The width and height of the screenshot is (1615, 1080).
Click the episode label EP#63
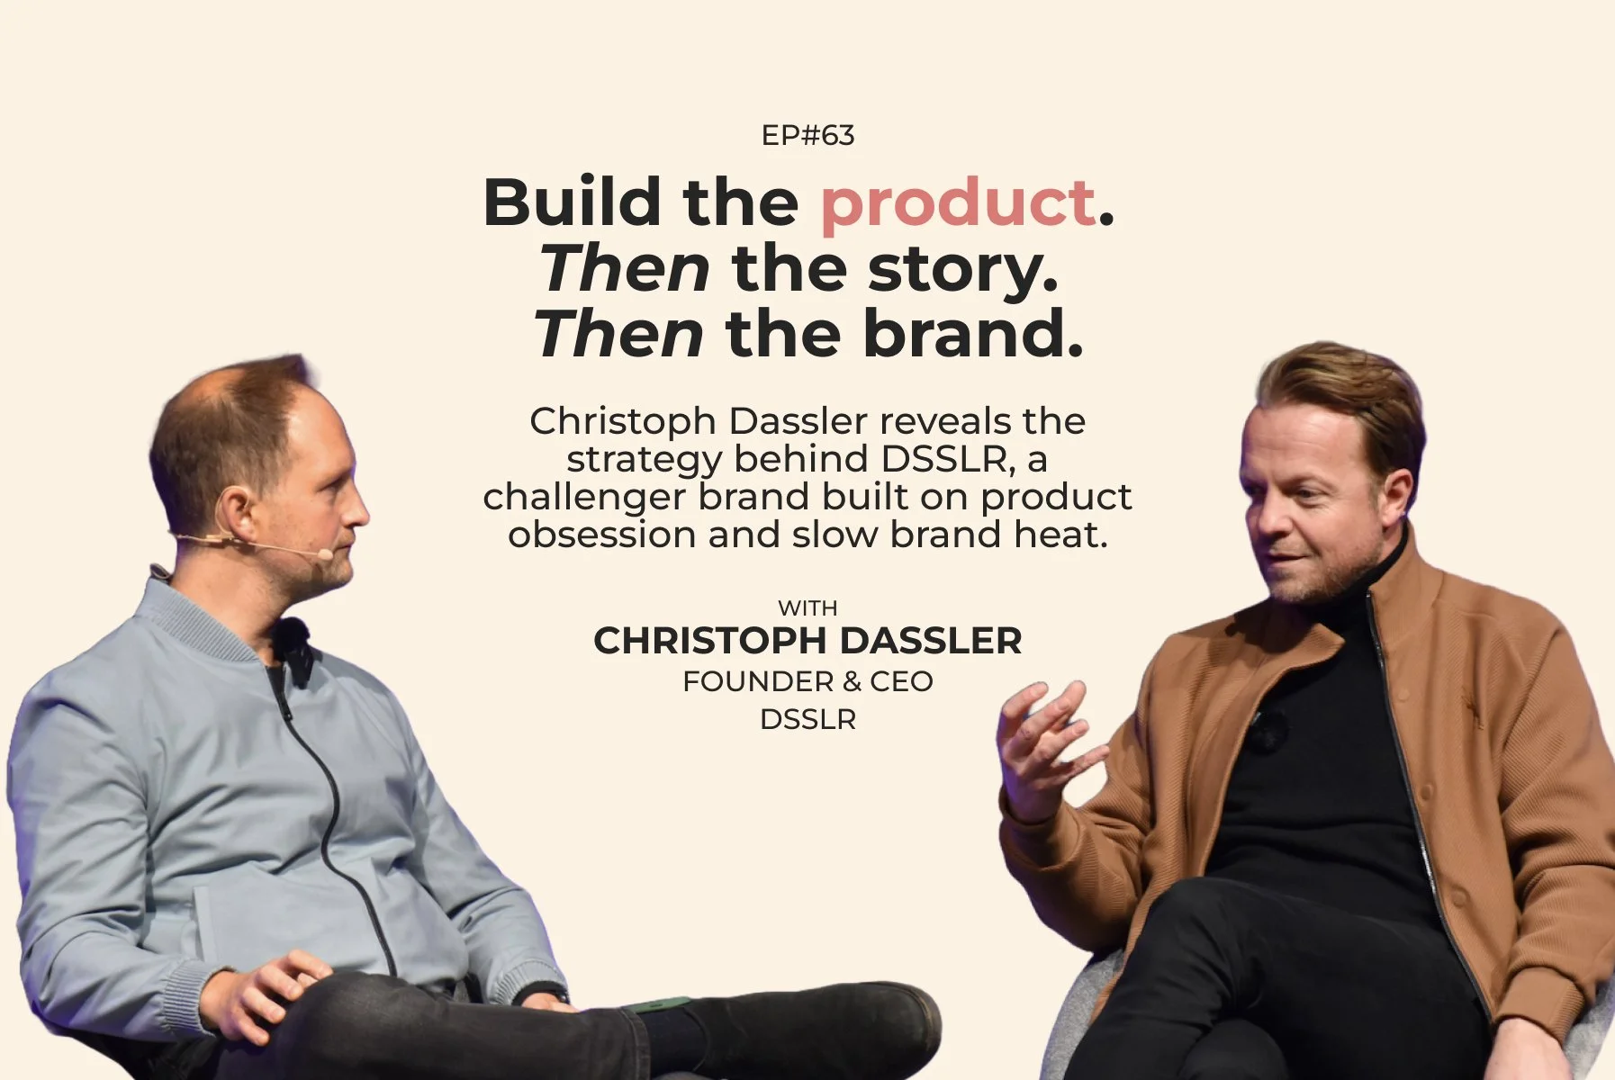click(807, 136)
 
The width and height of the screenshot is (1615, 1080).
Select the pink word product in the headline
click(958, 203)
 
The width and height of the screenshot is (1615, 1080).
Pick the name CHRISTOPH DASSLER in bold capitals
click(807, 641)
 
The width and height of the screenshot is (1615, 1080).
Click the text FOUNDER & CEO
click(807, 681)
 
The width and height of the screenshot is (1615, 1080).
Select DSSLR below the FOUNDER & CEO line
click(807, 719)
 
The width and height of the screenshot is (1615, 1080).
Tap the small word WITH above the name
click(807, 608)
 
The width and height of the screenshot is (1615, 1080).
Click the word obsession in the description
click(601, 535)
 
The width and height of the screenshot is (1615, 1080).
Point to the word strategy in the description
click(645, 459)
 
